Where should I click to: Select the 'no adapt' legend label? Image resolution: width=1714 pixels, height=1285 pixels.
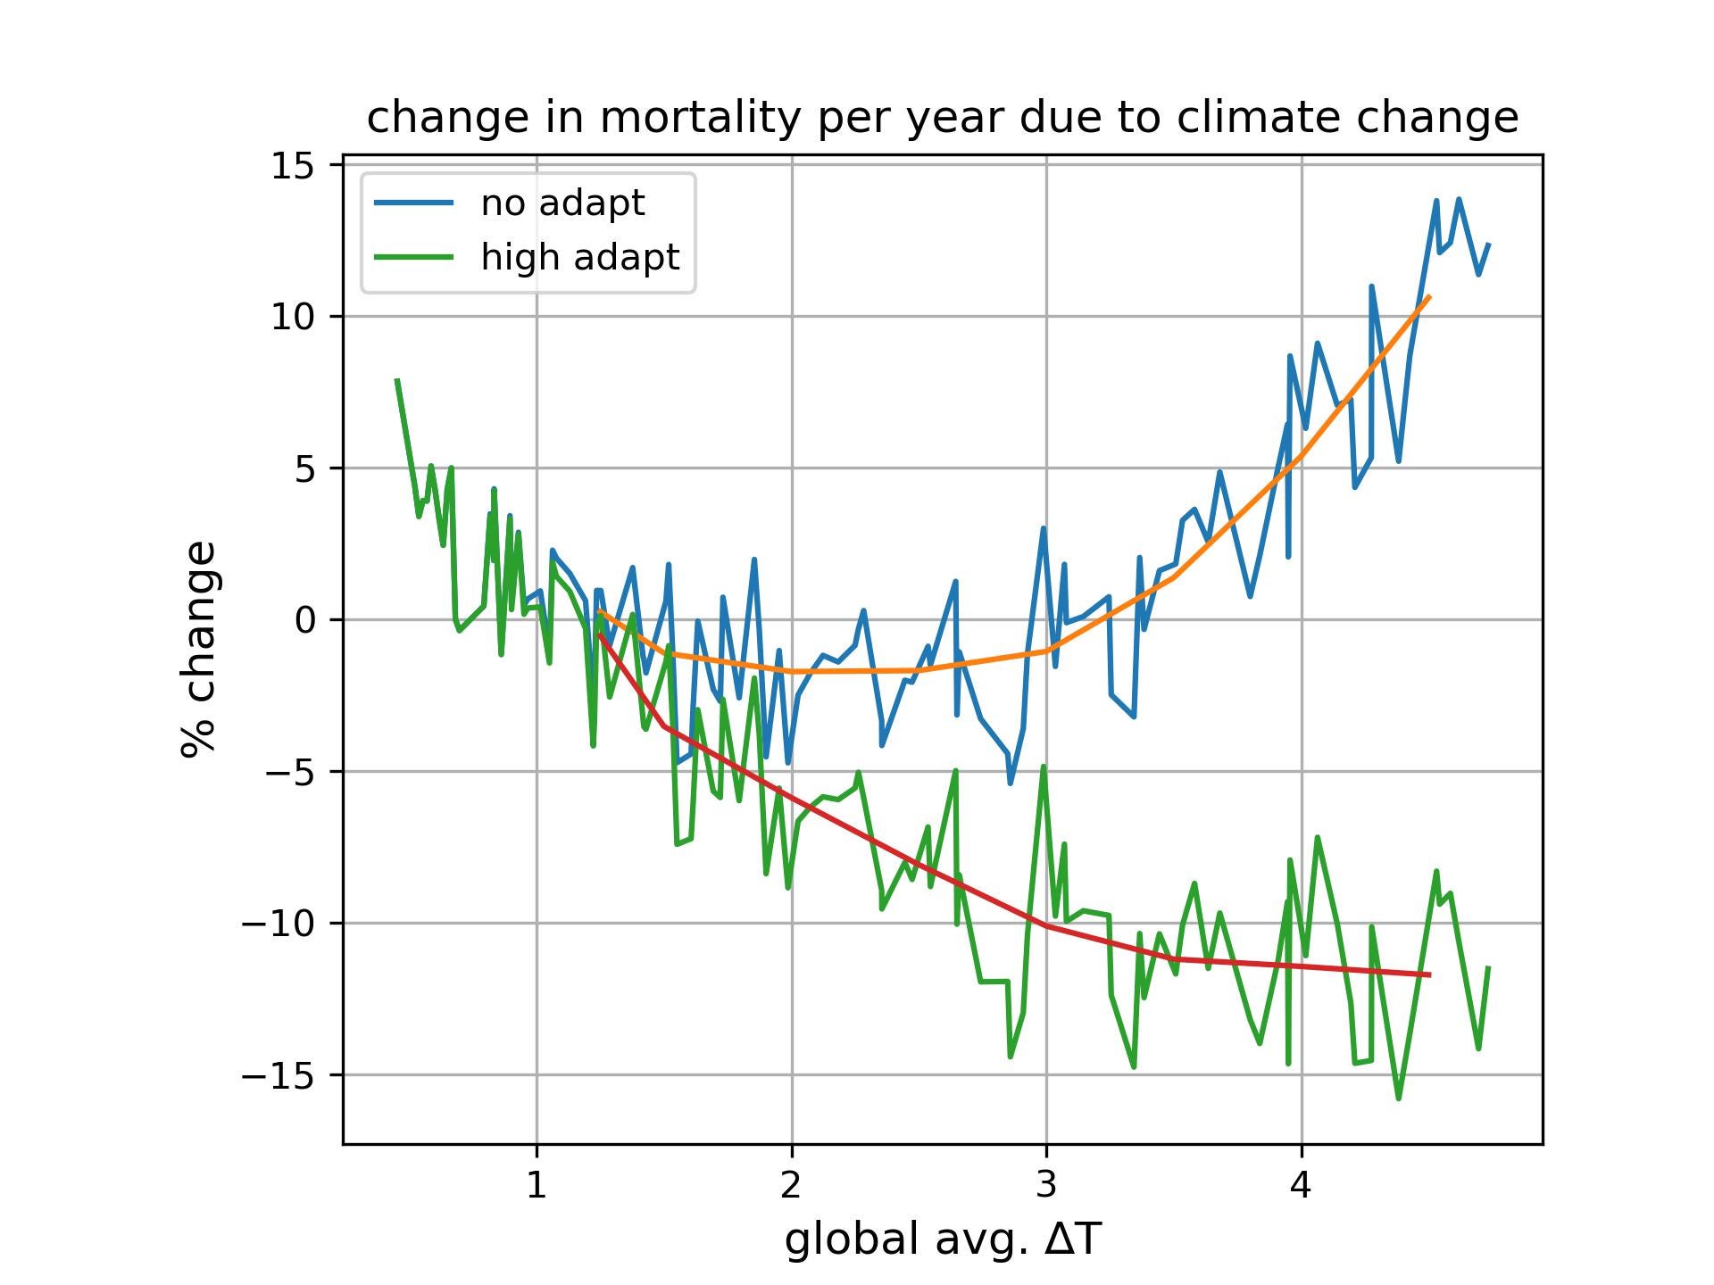(562, 203)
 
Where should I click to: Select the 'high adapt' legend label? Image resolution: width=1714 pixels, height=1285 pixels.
(580, 257)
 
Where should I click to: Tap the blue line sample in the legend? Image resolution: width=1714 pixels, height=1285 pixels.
(413, 203)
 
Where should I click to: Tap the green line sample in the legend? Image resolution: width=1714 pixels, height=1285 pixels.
(413, 257)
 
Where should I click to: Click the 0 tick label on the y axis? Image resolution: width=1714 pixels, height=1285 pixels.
(305, 620)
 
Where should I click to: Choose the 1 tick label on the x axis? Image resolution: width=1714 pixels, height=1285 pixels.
(536, 1184)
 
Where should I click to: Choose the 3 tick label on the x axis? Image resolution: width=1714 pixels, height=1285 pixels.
(1046, 1184)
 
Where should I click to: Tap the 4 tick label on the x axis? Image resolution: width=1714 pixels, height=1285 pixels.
(1301, 1184)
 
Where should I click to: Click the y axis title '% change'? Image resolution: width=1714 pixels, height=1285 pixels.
(198, 649)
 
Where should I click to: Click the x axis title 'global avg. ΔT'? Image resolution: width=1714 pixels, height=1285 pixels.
(943, 1240)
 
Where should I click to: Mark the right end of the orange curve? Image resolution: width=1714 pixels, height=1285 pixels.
(1430, 295)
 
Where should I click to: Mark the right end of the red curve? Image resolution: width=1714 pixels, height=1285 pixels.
(1430, 975)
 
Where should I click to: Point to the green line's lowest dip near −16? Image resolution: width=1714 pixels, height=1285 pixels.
(1398, 1098)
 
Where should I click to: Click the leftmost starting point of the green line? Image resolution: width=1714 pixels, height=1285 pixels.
(396, 379)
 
